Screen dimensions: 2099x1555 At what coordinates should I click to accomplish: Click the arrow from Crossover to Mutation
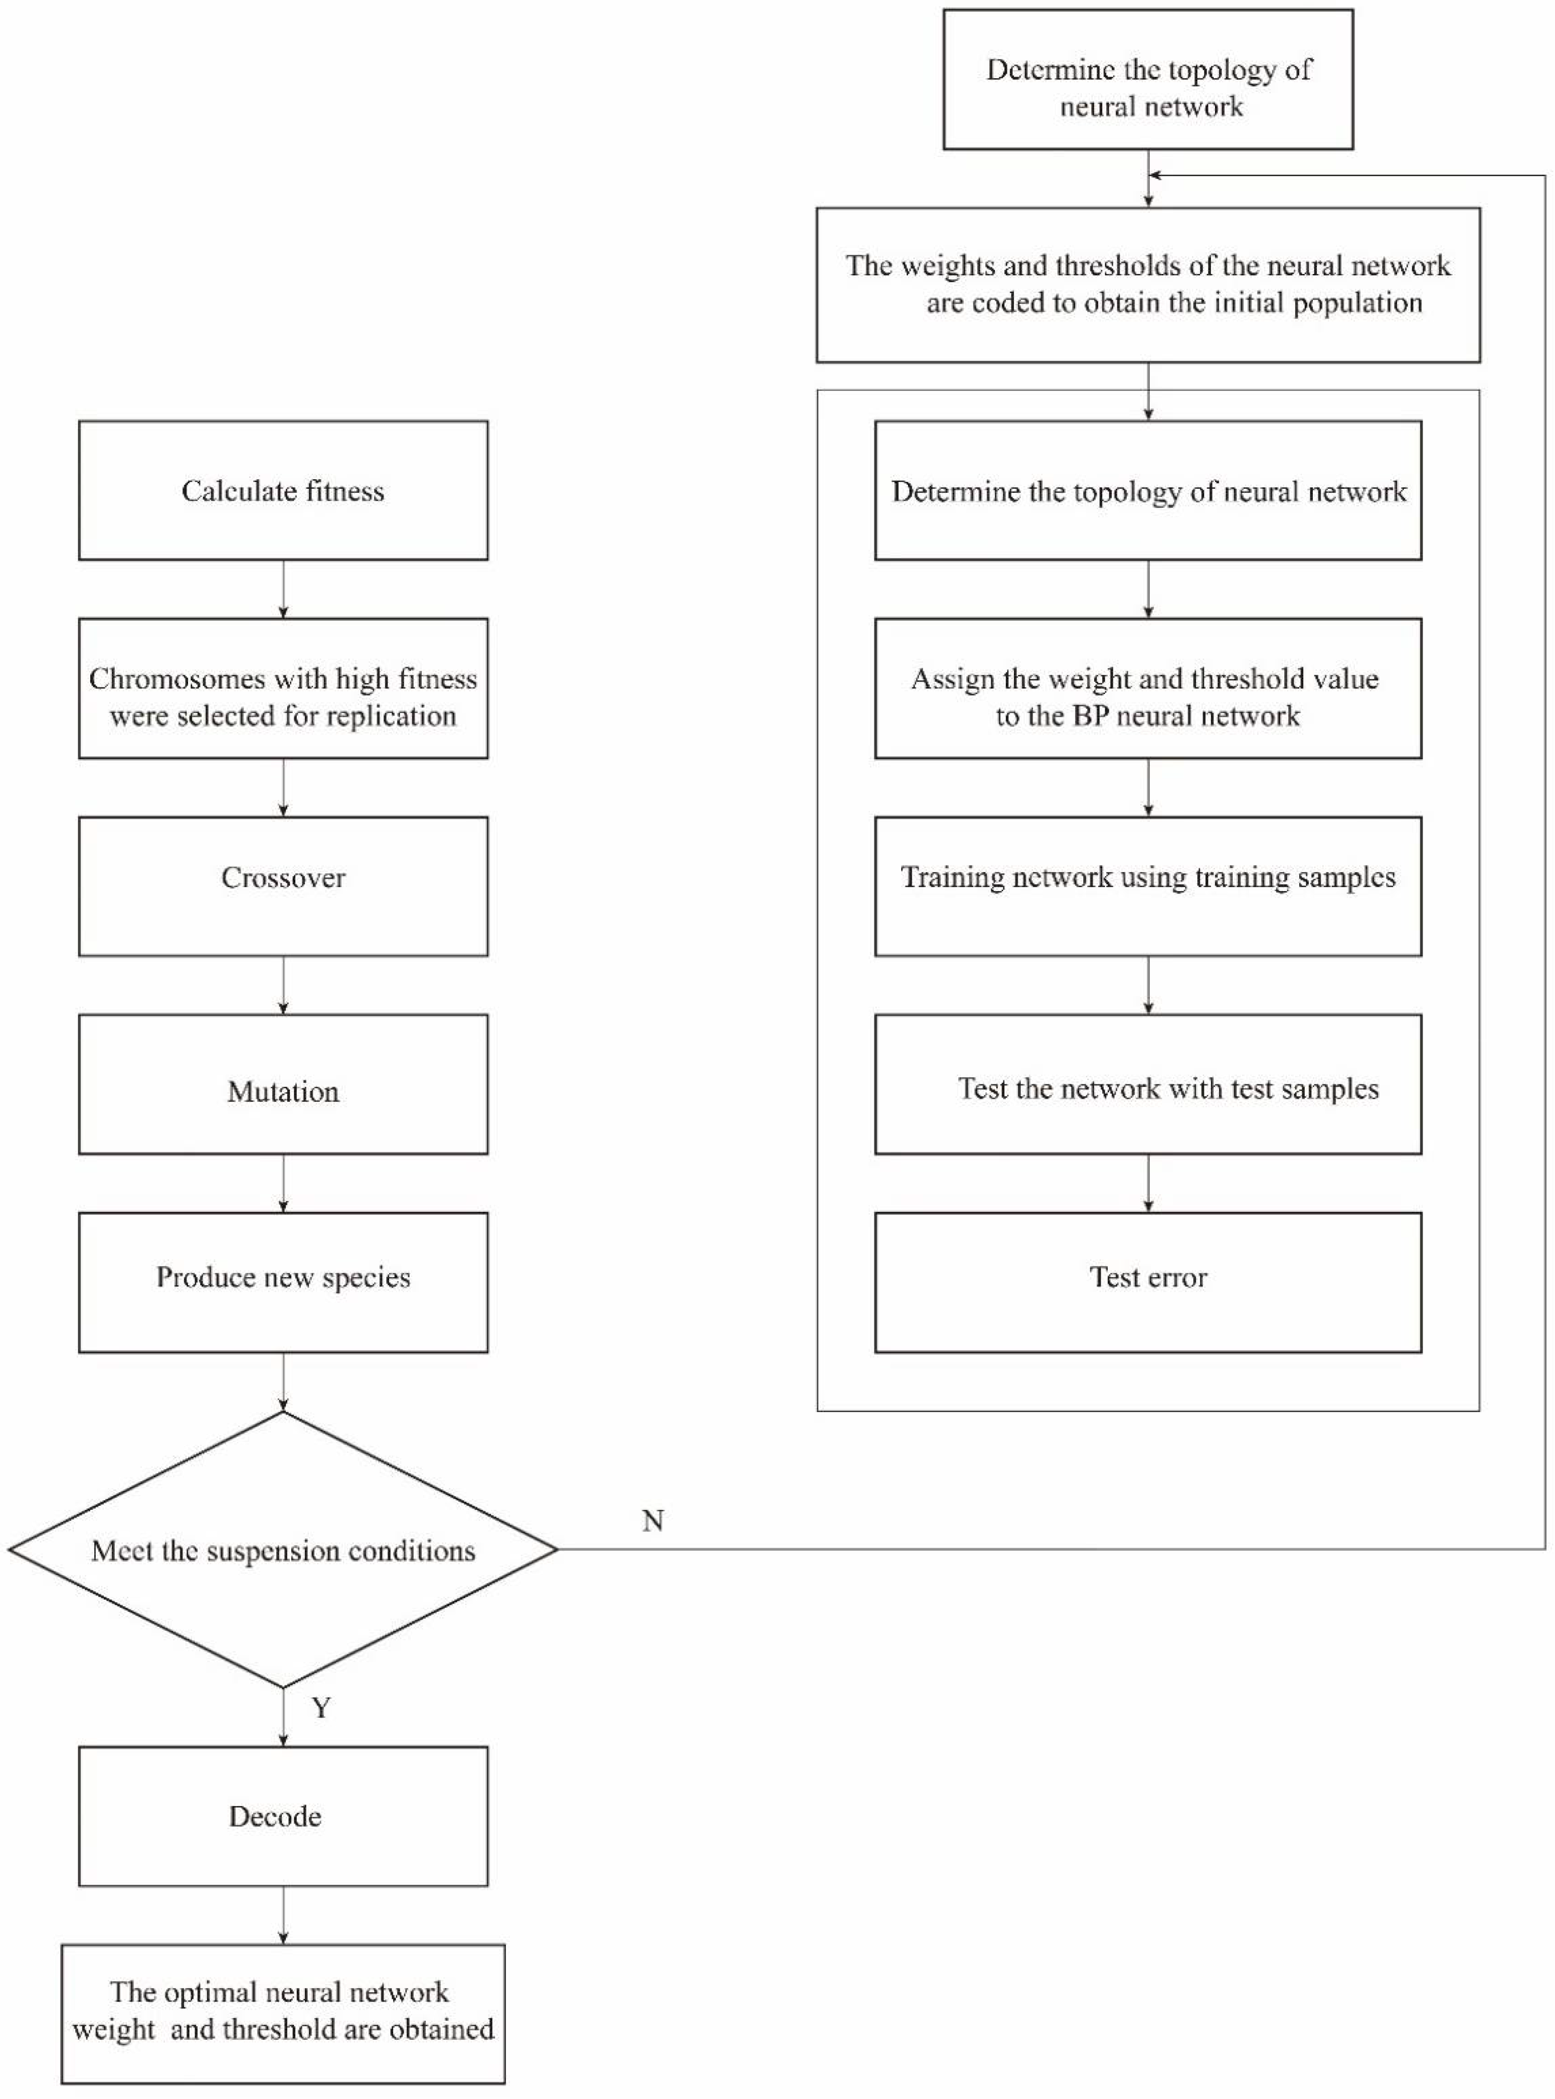(283, 985)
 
